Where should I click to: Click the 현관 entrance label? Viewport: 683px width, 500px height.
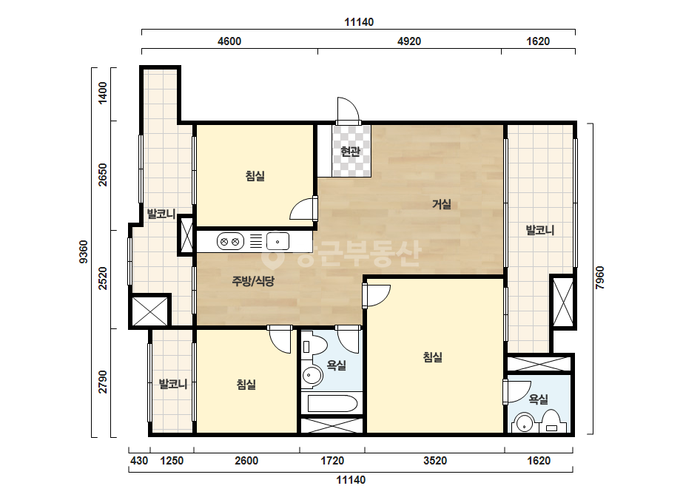click(x=351, y=152)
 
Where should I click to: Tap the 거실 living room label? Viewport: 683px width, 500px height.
click(x=442, y=204)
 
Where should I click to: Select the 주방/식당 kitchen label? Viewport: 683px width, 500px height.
click(x=253, y=281)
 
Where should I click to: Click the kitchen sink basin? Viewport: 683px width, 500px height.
click(x=278, y=241)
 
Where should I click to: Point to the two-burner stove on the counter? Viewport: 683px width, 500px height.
click(x=230, y=242)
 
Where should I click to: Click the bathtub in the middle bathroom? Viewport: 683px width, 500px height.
click(x=333, y=404)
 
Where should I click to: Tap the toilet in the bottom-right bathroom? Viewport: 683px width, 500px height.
click(x=551, y=422)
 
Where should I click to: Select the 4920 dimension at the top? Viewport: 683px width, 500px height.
click(x=409, y=41)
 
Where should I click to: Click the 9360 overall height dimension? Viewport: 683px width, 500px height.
click(x=84, y=251)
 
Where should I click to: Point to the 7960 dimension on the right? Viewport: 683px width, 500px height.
click(x=600, y=278)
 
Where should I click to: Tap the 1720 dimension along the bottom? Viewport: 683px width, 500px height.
click(x=332, y=461)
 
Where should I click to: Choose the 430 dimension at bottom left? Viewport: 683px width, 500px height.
click(x=139, y=461)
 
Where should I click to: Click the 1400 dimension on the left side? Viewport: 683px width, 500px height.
click(x=102, y=92)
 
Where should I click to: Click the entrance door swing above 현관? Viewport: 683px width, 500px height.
click(x=349, y=109)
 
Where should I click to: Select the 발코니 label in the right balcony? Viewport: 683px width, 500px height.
click(x=540, y=230)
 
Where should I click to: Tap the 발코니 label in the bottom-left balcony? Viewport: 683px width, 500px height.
click(x=173, y=384)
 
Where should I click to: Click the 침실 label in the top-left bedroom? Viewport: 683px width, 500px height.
click(x=255, y=176)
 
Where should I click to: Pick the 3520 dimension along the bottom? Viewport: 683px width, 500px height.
click(x=435, y=461)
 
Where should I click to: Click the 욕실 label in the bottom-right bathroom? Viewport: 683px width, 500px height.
click(x=539, y=399)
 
